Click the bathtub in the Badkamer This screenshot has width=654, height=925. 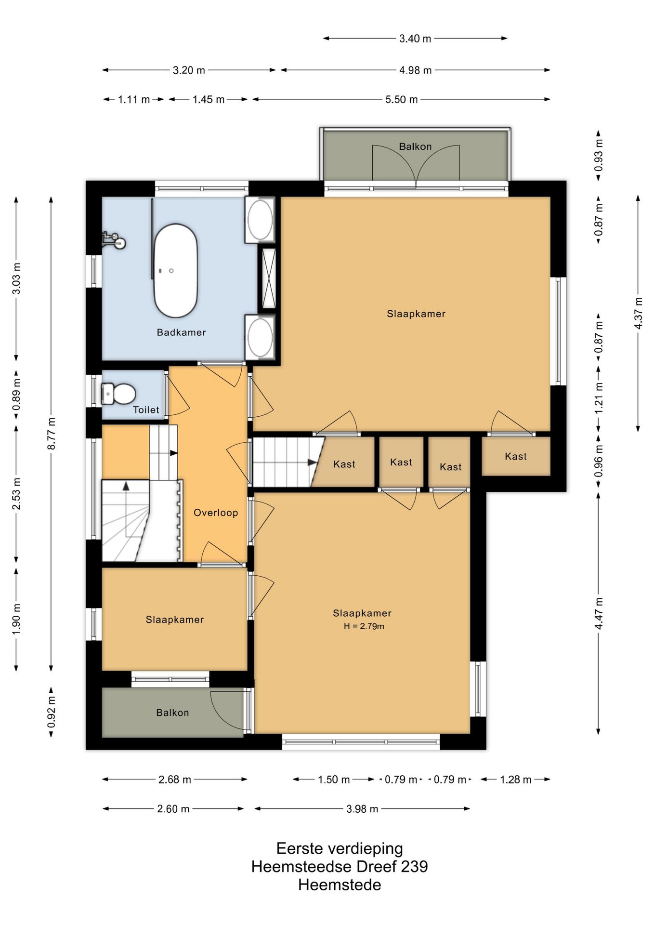175,270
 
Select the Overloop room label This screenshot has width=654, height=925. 216,513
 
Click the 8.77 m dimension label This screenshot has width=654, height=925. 52,434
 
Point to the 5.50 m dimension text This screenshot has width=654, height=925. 401,100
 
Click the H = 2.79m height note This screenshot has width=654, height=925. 364,626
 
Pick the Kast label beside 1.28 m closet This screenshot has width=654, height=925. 516,456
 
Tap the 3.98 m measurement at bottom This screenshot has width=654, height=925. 362,809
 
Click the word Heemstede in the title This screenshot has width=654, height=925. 340,885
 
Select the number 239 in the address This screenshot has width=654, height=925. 414,867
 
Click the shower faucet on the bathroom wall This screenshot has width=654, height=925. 114,240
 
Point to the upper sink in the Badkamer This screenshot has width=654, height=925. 260,219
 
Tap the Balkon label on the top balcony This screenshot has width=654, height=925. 415,146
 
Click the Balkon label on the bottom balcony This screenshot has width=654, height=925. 172,713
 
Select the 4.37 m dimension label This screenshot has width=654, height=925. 639,313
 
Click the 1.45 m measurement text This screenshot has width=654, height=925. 209,100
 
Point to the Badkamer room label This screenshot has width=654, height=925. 182,332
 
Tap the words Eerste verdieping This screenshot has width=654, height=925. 340,848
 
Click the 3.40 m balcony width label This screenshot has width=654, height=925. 415,39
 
